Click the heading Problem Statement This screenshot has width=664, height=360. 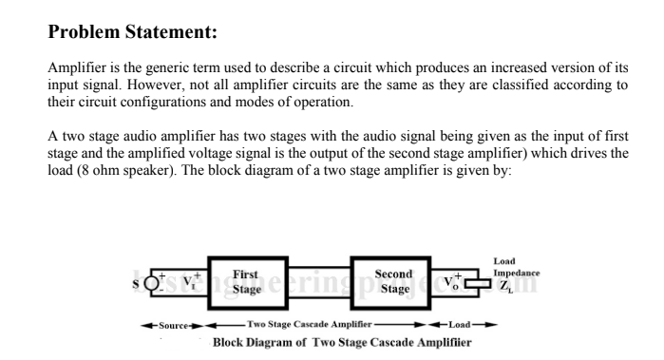(133, 32)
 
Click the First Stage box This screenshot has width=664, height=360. (245, 281)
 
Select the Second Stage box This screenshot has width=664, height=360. (392, 281)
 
